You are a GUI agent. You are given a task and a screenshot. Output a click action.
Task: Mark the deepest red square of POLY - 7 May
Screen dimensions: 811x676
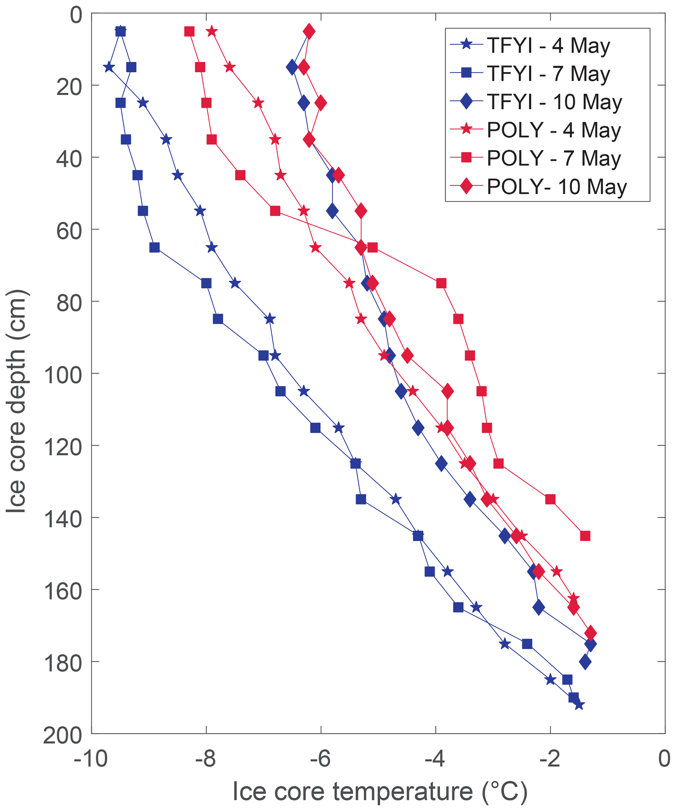coord(585,536)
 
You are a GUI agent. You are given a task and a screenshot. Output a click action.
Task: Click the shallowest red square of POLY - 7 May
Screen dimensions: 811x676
coord(189,31)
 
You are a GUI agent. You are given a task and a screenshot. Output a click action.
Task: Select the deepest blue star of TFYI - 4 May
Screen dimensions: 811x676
coord(579,705)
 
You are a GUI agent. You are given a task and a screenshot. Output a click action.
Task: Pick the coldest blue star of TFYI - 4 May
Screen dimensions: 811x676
coord(109,67)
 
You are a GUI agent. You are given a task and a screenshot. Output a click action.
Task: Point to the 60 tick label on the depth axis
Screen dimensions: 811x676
coord(70,231)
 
